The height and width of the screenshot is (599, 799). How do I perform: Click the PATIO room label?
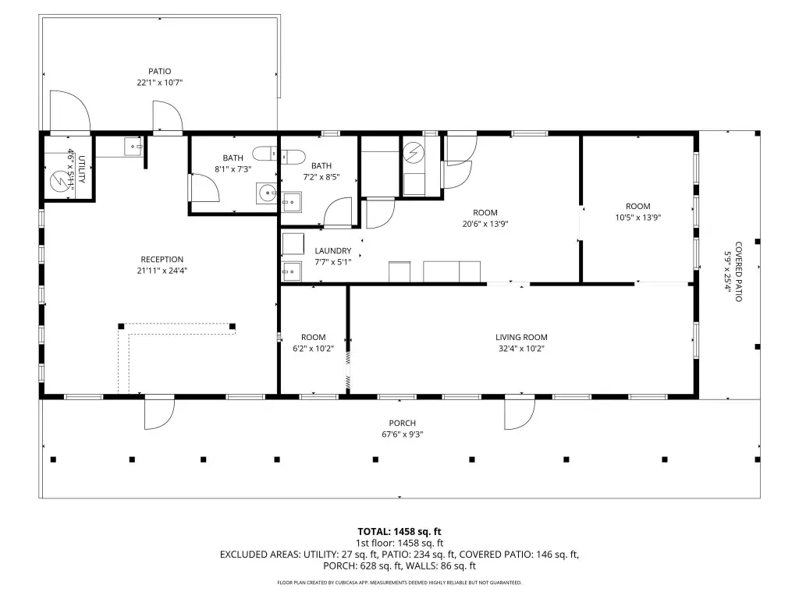point(159,71)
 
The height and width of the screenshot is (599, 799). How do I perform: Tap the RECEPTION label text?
point(162,259)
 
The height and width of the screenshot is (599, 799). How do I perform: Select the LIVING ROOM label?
point(521,337)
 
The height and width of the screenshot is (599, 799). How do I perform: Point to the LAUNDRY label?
point(332,250)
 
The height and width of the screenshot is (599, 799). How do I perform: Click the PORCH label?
point(402,423)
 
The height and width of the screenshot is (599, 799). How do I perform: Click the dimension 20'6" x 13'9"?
point(485,224)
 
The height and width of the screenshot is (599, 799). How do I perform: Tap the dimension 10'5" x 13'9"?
point(638,217)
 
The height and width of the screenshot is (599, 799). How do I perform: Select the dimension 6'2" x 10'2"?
point(313,349)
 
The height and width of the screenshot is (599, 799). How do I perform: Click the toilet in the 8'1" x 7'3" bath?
point(265,153)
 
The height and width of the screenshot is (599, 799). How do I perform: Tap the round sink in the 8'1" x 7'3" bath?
point(266,193)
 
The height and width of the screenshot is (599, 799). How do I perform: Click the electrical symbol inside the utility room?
point(59,182)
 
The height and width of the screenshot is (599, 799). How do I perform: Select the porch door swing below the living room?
point(520,414)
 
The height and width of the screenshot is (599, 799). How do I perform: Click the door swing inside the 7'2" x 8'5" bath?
point(338,212)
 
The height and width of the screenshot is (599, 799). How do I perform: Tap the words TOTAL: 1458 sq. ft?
point(399,532)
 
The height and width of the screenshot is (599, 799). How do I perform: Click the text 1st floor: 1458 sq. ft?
point(399,543)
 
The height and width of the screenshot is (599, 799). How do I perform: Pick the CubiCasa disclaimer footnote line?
point(399,582)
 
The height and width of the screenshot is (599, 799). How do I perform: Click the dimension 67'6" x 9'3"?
point(402,434)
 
